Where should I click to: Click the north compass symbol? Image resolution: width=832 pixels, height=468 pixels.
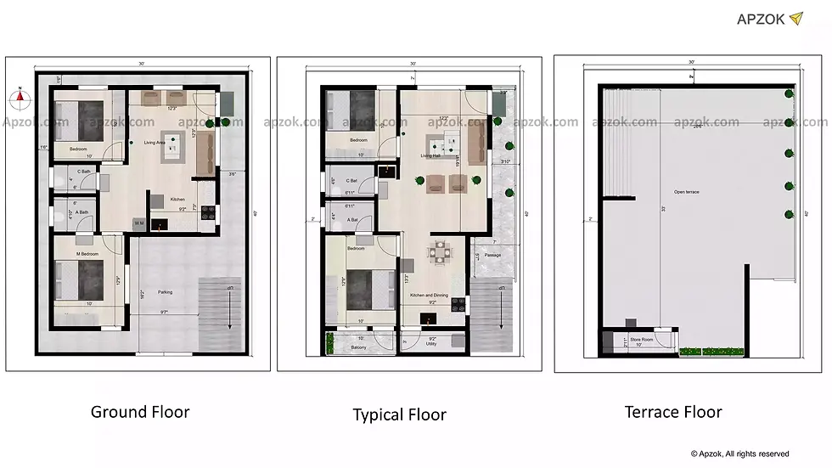[20, 96]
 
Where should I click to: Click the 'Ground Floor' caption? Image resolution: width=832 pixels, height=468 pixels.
[140, 412]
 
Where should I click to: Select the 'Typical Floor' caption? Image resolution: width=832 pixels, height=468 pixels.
[399, 414]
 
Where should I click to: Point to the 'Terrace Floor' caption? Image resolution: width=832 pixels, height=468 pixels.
[673, 412]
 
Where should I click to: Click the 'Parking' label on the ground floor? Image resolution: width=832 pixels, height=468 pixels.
[165, 292]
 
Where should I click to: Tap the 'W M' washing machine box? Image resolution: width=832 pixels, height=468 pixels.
[139, 223]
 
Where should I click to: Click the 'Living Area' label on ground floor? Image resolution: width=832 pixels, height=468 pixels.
[155, 143]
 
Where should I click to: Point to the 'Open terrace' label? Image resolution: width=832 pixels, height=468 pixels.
[686, 193]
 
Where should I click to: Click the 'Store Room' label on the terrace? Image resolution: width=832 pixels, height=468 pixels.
[641, 338]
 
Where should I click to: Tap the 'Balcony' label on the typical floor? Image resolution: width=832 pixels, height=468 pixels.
[358, 347]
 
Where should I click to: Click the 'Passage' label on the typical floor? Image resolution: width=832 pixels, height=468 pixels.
[493, 254]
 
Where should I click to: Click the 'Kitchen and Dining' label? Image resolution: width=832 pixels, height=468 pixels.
[430, 295]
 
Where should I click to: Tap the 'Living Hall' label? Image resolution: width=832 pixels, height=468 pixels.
[431, 156]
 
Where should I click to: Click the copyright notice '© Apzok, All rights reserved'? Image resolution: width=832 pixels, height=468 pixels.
[739, 454]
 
